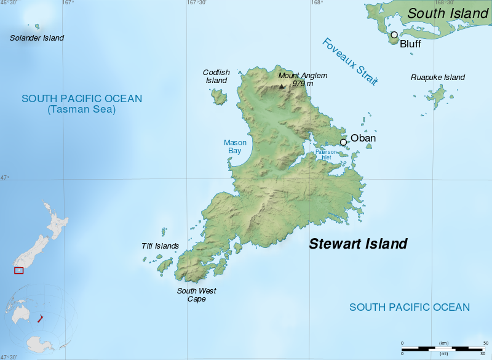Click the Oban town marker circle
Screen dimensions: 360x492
343,142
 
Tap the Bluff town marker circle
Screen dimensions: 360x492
394,34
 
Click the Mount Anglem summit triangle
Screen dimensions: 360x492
282,86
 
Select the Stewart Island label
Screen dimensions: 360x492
358,244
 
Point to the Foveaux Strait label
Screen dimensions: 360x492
349,62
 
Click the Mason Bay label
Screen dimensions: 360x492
235,146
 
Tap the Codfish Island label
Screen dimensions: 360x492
216,76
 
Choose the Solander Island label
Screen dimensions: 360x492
37,38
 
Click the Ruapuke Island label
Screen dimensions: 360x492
437,78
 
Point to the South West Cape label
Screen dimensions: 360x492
196,295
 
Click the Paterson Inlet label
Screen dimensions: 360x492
327,154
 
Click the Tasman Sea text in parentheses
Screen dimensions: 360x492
81,110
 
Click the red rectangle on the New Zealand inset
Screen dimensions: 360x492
19,271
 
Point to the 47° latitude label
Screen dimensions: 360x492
5,178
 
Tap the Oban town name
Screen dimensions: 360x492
363,138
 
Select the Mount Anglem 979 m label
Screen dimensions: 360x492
303,79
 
